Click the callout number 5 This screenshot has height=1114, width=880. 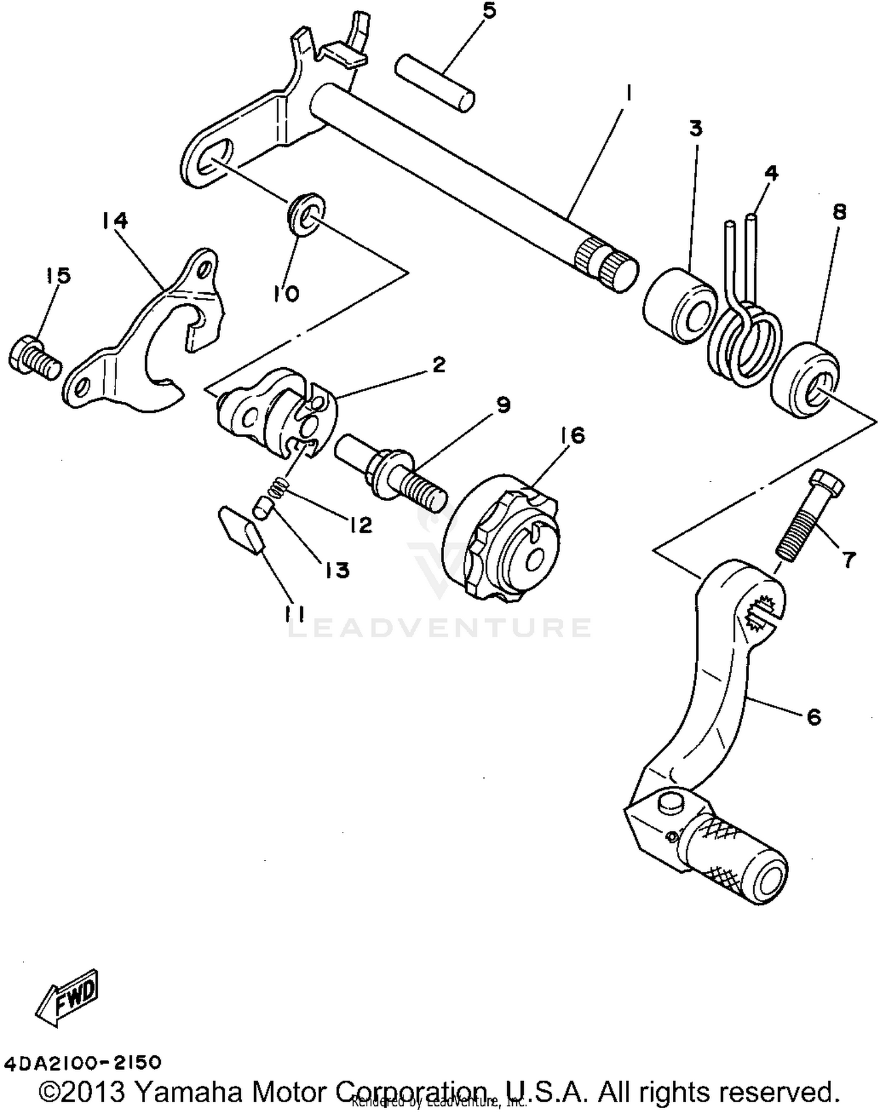488,11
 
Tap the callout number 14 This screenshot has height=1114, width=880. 114,221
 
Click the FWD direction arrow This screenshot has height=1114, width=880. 67,997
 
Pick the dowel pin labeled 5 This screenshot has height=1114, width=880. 434,82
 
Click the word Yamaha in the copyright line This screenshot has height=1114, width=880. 188,1092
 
